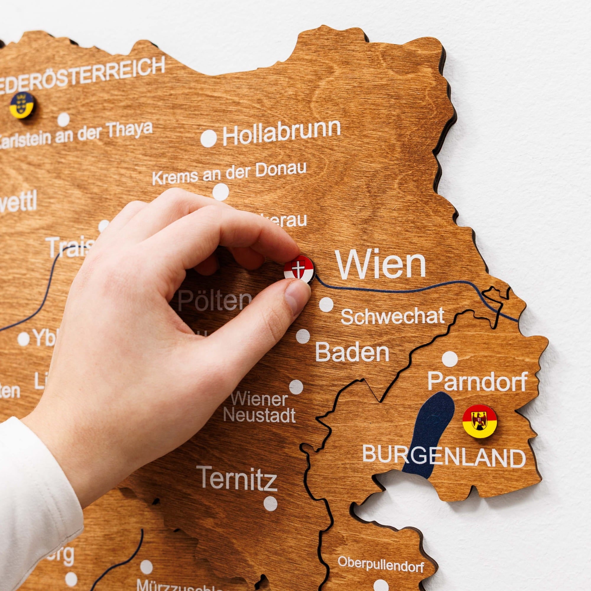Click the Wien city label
coord(381,265)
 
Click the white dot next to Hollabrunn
coord(209,138)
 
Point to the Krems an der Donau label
coord(229,173)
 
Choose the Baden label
coord(352,352)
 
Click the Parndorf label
coord(477,381)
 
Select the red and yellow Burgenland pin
coord(480,420)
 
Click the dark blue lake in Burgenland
coord(428,434)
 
